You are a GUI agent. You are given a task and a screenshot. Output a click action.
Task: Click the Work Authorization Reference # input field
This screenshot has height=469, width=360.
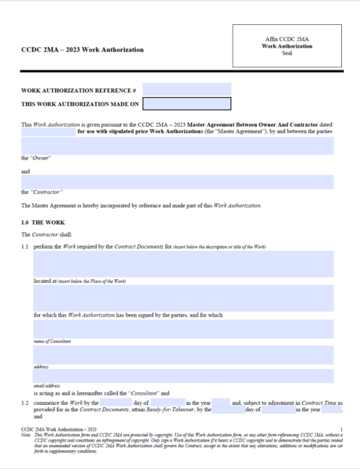pos(187,88)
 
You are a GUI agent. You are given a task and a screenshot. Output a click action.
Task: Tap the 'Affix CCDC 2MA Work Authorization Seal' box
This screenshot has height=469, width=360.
pos(287,46)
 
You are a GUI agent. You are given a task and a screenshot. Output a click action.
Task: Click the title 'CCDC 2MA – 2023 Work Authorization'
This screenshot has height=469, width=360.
pos(82,50)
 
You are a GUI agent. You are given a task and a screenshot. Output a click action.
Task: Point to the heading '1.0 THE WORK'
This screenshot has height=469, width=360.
pos(38,223)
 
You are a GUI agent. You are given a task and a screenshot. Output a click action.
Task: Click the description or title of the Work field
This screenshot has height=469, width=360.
pos(184,264)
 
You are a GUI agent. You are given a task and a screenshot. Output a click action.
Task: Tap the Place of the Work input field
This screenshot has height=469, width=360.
pos(184,297)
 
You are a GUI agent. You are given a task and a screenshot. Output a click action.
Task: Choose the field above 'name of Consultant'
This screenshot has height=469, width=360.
pos(184,328)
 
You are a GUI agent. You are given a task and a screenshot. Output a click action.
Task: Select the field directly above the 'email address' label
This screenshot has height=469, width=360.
pos(184,376)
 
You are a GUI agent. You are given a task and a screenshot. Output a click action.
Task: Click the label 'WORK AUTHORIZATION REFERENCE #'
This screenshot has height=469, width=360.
pos(78,89)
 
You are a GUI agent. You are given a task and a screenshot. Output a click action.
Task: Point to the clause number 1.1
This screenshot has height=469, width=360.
pos(25,246)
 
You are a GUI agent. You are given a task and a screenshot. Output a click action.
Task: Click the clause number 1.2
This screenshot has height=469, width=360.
pos(25,402)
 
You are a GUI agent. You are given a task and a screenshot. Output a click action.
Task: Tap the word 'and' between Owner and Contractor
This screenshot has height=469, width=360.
pos(26,171)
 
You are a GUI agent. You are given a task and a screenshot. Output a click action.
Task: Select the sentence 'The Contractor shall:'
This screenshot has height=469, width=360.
pos(47,234)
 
